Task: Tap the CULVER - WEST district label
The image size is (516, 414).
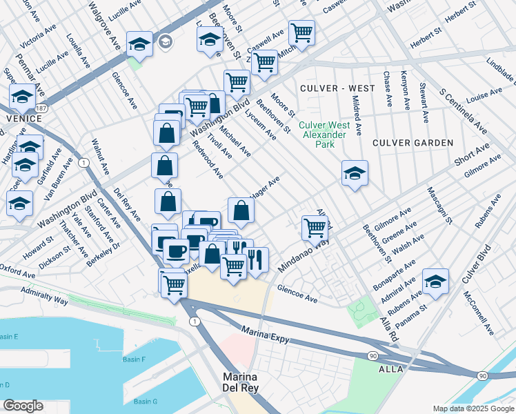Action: click(337, 88)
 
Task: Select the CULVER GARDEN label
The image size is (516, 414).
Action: click(413, 143)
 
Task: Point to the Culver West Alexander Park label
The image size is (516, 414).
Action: click(324, 135)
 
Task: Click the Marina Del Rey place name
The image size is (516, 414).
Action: click(240, 383)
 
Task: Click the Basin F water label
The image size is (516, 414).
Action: click(134, 359)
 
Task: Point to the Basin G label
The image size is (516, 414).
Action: click(146, 402)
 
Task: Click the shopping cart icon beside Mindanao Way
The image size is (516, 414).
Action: click(315, 227)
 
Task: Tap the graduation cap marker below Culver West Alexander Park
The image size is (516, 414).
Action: click(355, 174)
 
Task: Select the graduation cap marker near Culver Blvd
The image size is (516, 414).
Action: click(435, 282)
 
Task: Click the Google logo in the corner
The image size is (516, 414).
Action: click(22, 406)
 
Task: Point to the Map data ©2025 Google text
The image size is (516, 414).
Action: click(473, 408)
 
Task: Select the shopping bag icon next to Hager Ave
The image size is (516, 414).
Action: click(240, 211)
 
